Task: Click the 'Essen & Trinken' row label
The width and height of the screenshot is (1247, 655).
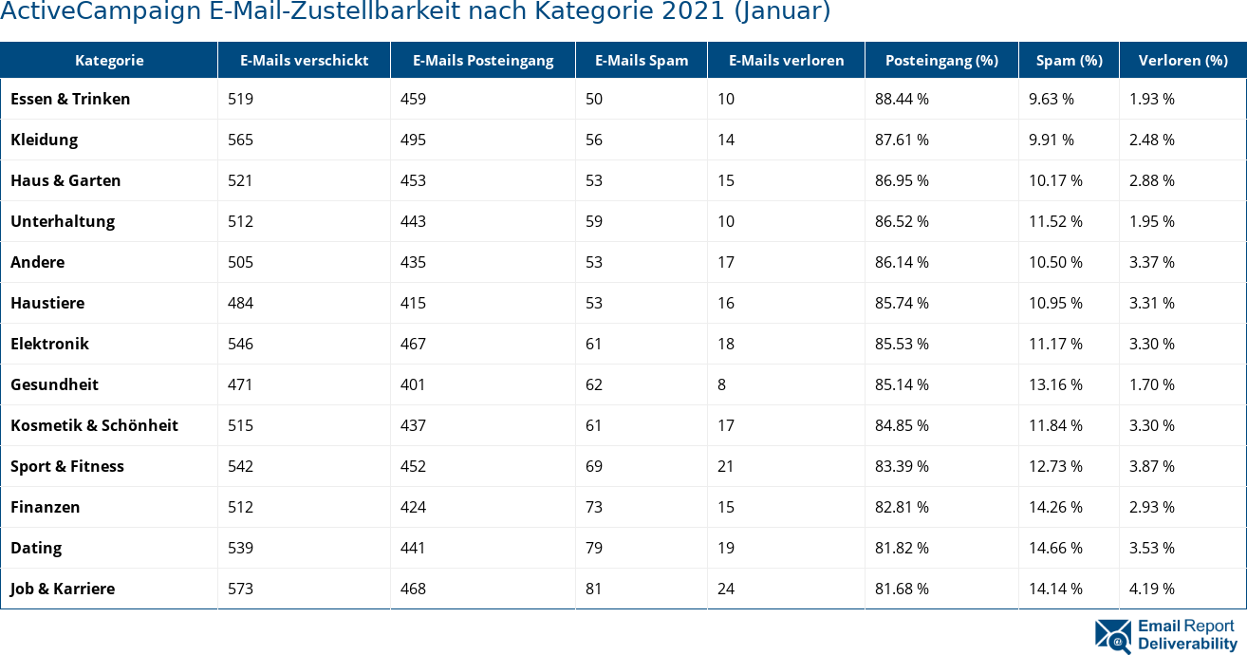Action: (x=70, y=99)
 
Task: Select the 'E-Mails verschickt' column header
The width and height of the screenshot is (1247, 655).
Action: (x=304, y=60)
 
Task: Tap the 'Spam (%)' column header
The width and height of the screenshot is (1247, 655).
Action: (x=1069, y=60)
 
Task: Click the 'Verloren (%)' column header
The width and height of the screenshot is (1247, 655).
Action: (x=1182, y=60)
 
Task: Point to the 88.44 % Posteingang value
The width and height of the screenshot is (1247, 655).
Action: (x=902, y=99)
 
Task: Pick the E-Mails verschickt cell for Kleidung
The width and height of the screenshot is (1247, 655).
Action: (x=241, y=140)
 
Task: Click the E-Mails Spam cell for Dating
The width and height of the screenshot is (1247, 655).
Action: (x=594, y=548)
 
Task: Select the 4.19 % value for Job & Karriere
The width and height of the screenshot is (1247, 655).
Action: (x=1152, y=589)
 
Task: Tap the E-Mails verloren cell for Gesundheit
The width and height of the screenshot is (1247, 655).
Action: (x=722, y=384)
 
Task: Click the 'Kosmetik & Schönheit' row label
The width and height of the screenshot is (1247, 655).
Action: (x=94, y=425)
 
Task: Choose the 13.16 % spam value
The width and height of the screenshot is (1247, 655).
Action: (x=1055, y=384)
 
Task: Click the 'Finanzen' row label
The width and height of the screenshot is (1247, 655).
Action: (x=45, y=507)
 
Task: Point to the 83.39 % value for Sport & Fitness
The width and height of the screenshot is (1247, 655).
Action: (x=902, y=466)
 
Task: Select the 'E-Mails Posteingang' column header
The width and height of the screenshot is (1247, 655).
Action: (x=482, y=60)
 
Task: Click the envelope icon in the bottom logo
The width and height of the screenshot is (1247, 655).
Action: (x=1112, y=636)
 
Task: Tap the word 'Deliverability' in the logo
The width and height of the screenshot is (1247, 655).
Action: (x=1187, y=644)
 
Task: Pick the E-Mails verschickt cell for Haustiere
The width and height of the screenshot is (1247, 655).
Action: (x=241, y=303)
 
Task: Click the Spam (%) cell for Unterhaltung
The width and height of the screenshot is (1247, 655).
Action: (x=1055, y=221)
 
